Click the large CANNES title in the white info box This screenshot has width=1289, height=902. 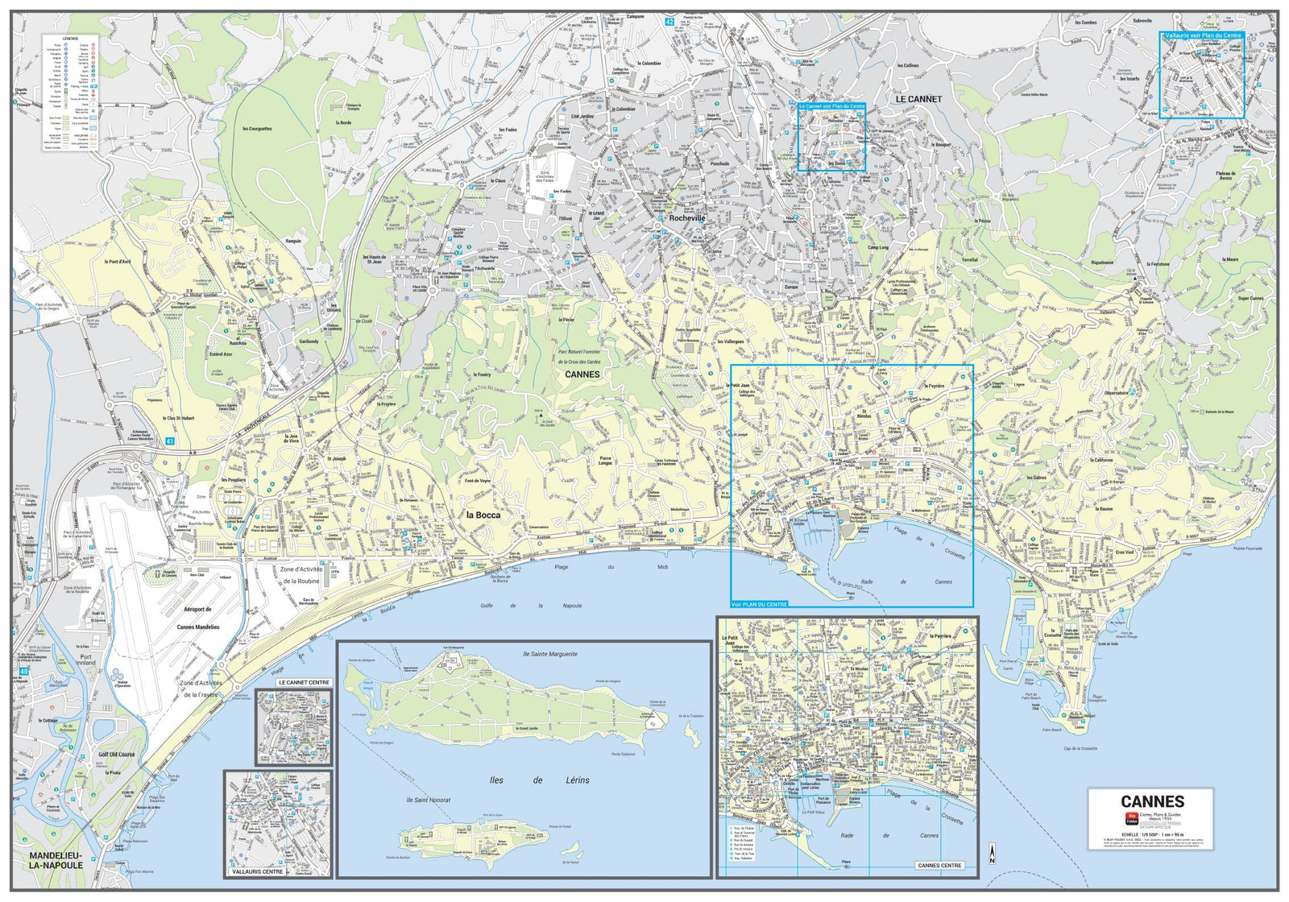[1152, 801]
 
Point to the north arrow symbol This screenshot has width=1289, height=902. [992, 854]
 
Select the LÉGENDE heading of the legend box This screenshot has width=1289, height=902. [70, 38]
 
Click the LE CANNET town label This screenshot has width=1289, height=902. [918, 99]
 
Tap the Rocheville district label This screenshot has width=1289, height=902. [687, 218]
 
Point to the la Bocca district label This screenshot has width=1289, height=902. [483, 515]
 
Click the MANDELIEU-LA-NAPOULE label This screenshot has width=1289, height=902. [56, 859]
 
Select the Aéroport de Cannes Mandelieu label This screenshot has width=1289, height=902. [197, 618]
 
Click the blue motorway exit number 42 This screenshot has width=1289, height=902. [669, 22]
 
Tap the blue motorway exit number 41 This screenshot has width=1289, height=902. [170, 441]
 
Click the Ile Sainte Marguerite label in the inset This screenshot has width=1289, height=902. [549, 654]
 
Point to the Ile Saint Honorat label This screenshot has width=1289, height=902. [429, 800]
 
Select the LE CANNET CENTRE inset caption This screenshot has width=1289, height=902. [304, 682]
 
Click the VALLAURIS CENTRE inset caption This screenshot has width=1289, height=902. [257, 871]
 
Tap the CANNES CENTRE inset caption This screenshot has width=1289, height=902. [939, 866]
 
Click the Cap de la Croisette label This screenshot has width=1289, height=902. [1080, 749]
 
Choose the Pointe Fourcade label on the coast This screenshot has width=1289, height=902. [1247, 548]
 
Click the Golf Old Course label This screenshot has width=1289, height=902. [117, 755]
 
